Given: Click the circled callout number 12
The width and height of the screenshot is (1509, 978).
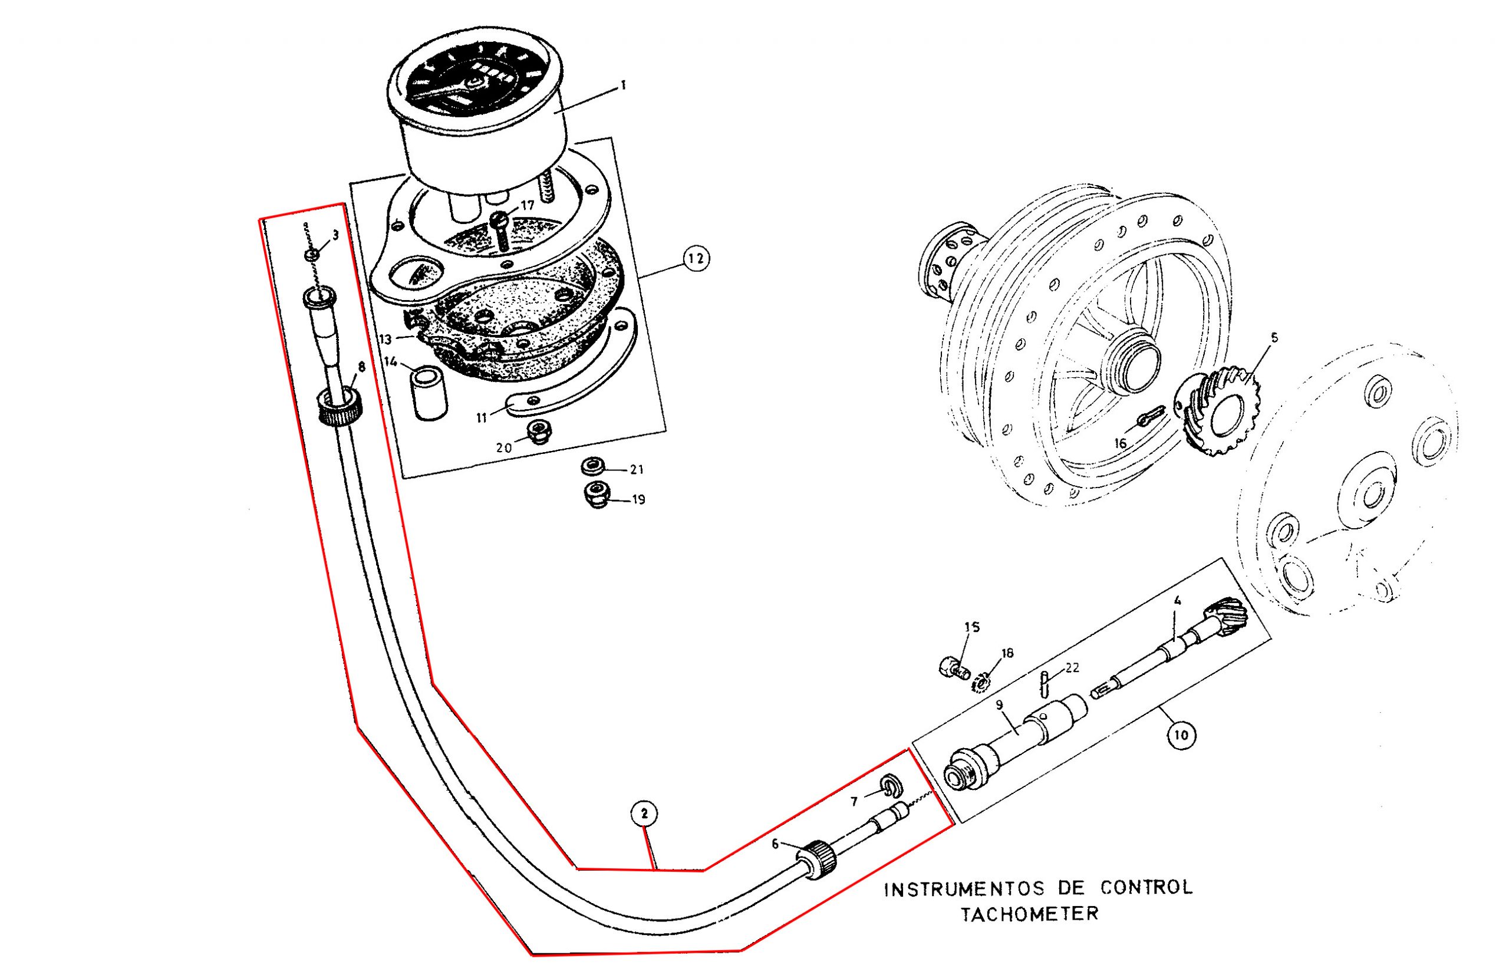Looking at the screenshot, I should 696,258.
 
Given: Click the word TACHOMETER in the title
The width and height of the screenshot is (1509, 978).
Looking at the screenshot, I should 1029,914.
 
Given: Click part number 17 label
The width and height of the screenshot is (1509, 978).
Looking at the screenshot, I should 528,205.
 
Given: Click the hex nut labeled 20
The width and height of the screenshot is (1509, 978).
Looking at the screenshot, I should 539,433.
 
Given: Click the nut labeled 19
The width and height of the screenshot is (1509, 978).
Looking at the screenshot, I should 596,495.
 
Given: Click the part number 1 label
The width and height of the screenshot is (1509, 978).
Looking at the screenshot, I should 623,84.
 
